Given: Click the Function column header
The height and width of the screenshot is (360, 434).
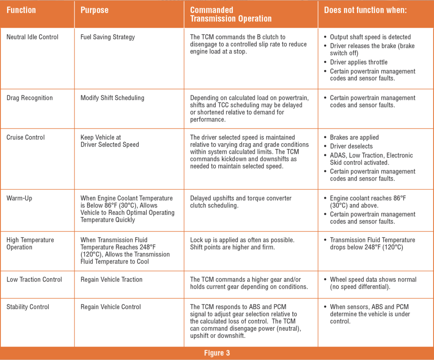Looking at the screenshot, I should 21,10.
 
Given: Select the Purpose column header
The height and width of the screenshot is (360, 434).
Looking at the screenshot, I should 94,10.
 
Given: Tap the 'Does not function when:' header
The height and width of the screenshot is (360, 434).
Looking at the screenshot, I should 365,10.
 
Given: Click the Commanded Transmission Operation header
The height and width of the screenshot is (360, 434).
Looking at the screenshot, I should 231,14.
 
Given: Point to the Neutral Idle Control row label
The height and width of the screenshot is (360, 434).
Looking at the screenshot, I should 32,37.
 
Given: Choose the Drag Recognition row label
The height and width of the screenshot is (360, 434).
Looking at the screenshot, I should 30,98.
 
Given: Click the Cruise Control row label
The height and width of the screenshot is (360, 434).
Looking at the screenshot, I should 25,137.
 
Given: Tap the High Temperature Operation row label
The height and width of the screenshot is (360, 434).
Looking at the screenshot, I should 30,244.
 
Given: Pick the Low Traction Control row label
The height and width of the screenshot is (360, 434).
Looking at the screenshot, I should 34,279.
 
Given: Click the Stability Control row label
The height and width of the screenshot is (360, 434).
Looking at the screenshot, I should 28,307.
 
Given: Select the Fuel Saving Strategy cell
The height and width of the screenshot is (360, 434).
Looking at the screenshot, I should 108,37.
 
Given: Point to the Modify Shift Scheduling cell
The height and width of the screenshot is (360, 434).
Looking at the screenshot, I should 112,98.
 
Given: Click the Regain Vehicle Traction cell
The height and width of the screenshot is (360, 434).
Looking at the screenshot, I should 111,279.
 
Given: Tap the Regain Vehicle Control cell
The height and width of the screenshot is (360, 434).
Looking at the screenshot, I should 111,307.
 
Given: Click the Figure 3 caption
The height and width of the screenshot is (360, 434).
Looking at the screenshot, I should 217,353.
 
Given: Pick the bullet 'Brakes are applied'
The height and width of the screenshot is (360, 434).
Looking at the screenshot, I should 354,137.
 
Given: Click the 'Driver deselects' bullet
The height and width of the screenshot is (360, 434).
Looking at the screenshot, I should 351,146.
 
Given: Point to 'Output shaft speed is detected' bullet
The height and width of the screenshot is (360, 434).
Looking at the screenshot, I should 370,37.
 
